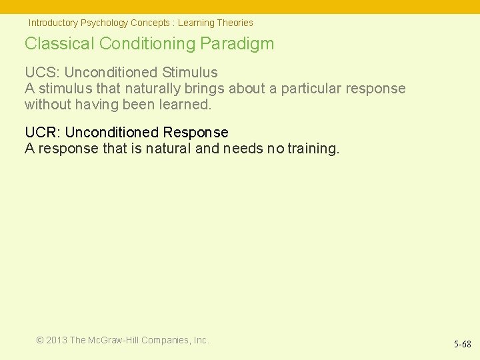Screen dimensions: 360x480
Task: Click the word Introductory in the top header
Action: pyautogui.click(x=53, y=23)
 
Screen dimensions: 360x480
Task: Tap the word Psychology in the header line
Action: pyautogui.click(x=104, y=23)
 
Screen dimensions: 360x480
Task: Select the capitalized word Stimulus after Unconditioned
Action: pyautogui.click(x=190, y=72)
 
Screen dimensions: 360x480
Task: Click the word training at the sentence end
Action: pyautogui.click(x=313, y=149)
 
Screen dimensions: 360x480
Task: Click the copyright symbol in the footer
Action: pyautogui.click(x=40, y=340)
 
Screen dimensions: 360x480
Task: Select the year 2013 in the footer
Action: pyautogui.click(x=57, y=340)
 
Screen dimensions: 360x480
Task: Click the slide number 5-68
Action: pyautogui.click(x=463, y=345)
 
